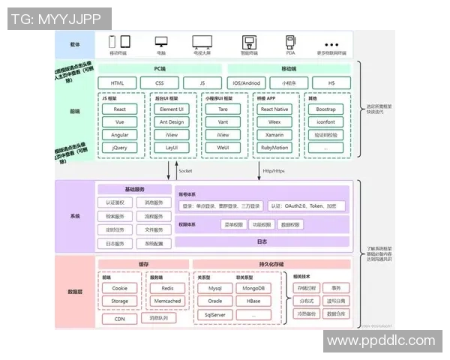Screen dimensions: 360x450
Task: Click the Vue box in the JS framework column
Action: point(120,121)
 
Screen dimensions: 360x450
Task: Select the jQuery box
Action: point(120,148)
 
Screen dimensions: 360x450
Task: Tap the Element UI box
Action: point(171,109)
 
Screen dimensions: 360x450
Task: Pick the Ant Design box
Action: point(171,121)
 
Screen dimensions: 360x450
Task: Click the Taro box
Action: point(223,109)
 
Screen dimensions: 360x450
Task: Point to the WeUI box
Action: point(223,148)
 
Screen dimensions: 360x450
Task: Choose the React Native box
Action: point(275,109)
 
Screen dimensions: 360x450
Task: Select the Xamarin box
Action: point(275,135)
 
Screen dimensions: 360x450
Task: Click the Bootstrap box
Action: point(325,109)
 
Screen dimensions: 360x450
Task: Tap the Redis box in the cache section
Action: point(167,288)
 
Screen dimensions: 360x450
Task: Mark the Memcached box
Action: point(167,301)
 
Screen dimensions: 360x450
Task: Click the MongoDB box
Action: point(249,288)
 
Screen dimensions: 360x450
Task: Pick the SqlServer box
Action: point(215,315)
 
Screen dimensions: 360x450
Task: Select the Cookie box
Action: point(120,288)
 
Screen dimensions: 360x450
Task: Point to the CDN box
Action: point(120,319)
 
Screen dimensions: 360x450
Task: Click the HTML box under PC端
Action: point(118,82)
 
